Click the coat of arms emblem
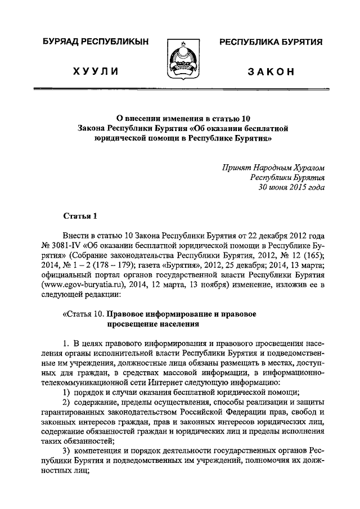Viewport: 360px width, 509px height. point(180,58)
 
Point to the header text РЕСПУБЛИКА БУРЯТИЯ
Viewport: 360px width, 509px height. point(270,43)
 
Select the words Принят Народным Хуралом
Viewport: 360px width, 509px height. point(274,168)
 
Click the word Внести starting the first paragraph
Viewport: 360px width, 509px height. point(76,236)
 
